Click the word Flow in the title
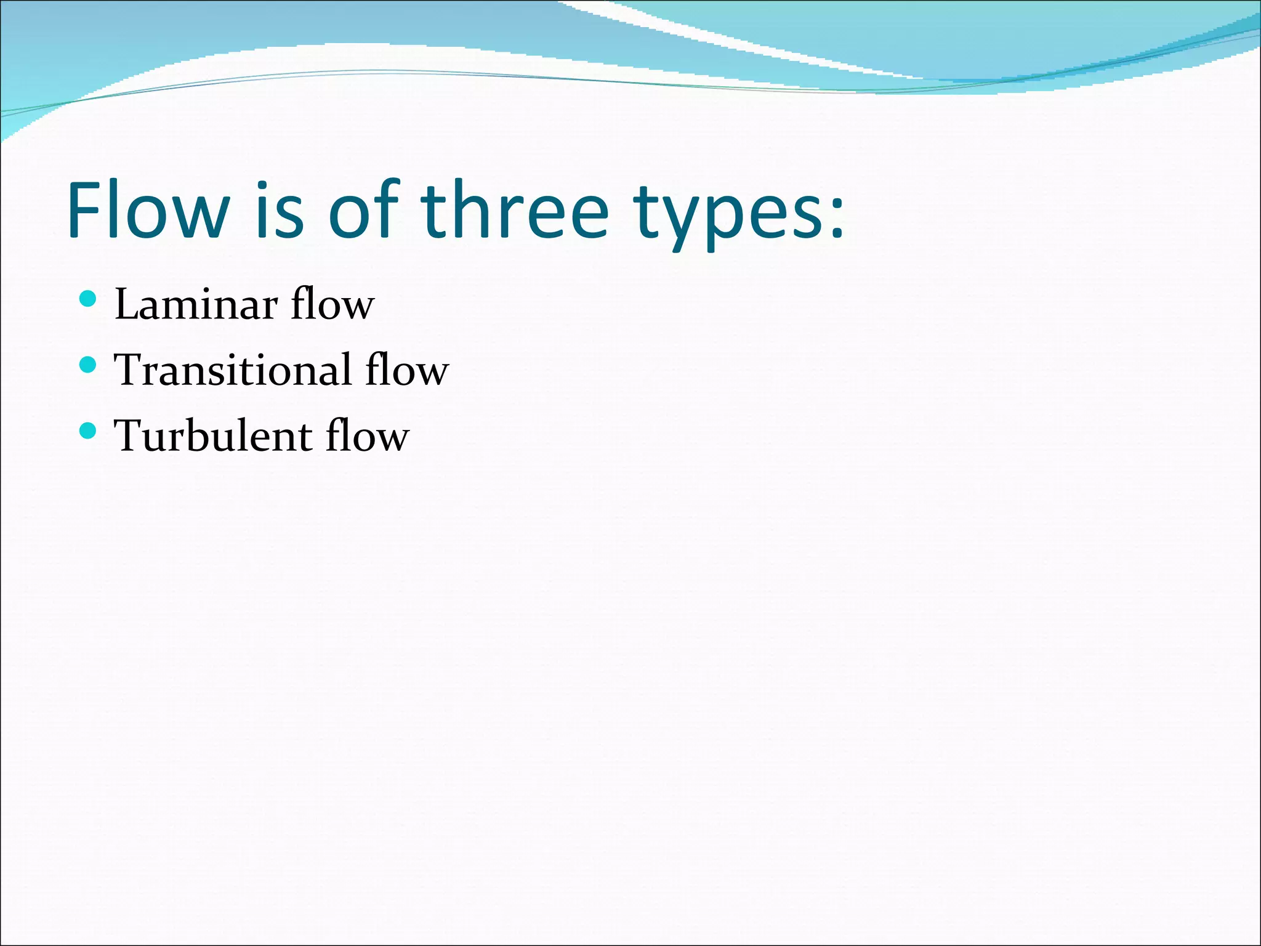pyautogui.click(x=148, y=209)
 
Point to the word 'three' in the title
pyautogui.click(x=515, y=209)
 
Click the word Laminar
pyautogui.click(x=196, y=304)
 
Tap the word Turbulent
pyautogui.click(x=212, y=436)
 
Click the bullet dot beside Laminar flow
pyautogui.click(x=88, y=299)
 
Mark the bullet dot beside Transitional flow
pyautogui.click(x=88, y=365)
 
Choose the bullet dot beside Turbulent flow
pyautogui.click(x=88, y=431)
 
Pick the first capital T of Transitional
pyautogui.click(x=129, y=370)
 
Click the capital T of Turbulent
pyautogui.click(x=129, y=436)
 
